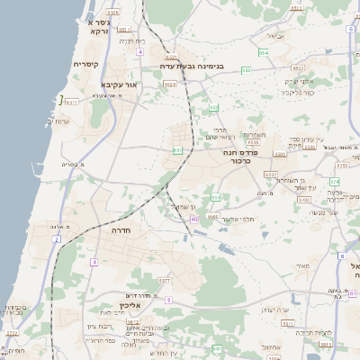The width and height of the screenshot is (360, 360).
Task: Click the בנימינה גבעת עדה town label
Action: pyautogui.click(x=197, y=65)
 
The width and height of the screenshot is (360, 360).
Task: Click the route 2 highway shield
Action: pyautogui.click(x=56, y=239)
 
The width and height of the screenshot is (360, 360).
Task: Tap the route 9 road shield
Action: pyautogui.click(x=168, y=300)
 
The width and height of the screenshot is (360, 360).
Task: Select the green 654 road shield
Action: pyautogui.click(x=265, y=54)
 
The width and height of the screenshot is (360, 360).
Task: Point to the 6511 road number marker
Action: pyautogui.click(x=73, y=101)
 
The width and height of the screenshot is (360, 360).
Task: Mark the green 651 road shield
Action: pyautogui.click(x=178, y=150)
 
